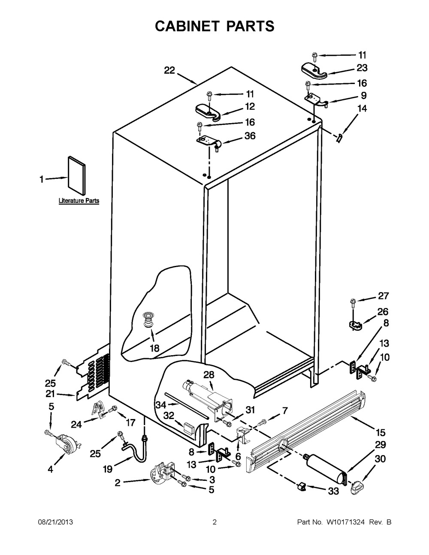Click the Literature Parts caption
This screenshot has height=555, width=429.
click(x=79, y=201)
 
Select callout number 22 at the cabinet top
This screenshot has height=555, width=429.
click(x=169, y=71)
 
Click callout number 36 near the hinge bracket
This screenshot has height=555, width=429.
click(x=250, y=136)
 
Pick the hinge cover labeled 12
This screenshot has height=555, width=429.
click(x=207, y=111)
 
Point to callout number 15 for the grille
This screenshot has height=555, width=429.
click(x=380, y=432)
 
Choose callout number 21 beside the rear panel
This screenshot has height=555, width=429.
click(x=51, y=394)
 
